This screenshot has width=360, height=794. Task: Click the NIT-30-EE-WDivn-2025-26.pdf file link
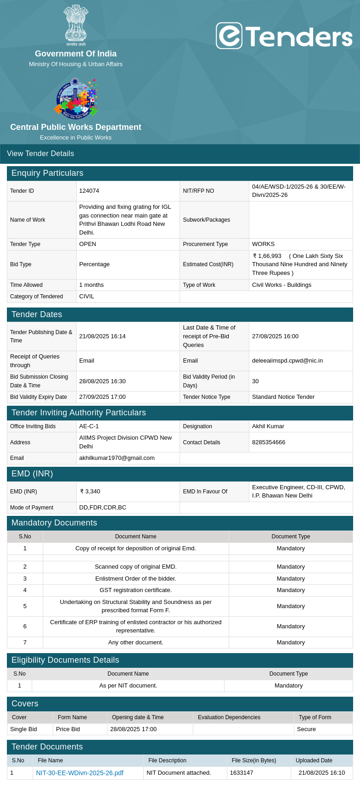coord(79,773)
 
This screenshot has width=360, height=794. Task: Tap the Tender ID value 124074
coord(89,191)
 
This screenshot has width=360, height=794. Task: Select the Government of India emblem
coord(76,25)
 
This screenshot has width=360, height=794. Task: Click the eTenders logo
coord(284,36)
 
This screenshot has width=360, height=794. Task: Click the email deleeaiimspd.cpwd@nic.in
coord(287,361)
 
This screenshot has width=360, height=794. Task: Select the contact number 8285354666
coord(269,442)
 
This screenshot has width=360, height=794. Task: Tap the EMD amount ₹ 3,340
coord(90,492)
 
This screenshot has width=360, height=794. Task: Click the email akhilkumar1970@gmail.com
coord(117,458)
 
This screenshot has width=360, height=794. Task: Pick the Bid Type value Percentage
coord(94,264)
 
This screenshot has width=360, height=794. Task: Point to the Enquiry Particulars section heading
coord(47,173)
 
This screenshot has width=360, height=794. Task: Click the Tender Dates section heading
coord(37,314)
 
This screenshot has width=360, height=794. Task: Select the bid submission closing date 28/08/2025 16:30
coord(102,381)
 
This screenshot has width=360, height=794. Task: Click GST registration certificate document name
coord(135,590)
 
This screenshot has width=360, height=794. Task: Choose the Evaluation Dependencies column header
coord(229,717)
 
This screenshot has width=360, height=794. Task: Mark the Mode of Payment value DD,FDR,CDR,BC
coord(102,508)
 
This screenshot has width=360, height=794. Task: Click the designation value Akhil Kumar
coord(268,426)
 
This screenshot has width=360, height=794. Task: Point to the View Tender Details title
coord(40,154)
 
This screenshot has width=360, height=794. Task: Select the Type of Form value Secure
coord(306,729)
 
